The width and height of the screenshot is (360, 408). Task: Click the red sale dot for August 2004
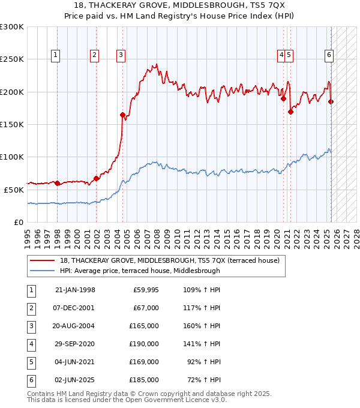click(x=122, y=115)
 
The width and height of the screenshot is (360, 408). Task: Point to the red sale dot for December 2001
click(x=96, y=178)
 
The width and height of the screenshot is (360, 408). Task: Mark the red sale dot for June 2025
click(x=331, y=102)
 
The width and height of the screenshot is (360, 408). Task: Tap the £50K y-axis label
click(x=14, y=190)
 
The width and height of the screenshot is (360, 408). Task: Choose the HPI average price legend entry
click(x=140, y=271)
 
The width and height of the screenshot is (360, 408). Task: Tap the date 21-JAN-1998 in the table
click(x=75, y=290)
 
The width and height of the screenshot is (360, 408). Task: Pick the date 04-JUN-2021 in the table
click(x=75, y=362)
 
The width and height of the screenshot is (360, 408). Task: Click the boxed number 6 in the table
click(x=30, y=380)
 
